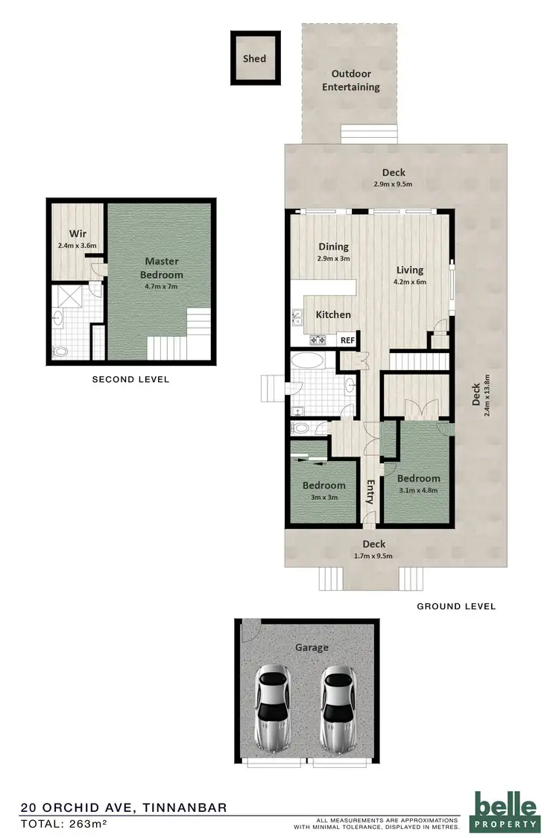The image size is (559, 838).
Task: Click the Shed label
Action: tap(254, 58)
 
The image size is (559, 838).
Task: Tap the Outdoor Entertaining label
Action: tap(350, 80)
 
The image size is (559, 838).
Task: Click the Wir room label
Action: tap(78, 232)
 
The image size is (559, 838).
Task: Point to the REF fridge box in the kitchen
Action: tap(347, 340)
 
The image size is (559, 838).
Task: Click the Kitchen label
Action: tap(333, 314)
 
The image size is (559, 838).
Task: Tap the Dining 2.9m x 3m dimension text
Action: tap(334, 258)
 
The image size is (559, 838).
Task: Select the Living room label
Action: tap(410, 270)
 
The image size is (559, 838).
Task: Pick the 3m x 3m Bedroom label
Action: tap(323, 486)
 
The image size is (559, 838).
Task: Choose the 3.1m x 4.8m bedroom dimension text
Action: tap(418, 489)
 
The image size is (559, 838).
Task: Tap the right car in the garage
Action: tap(339, 708)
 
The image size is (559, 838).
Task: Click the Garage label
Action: tap(311, 647)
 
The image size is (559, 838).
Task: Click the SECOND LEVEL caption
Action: tap(130, 379)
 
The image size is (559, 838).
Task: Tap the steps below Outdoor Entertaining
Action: tap(360, 133)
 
